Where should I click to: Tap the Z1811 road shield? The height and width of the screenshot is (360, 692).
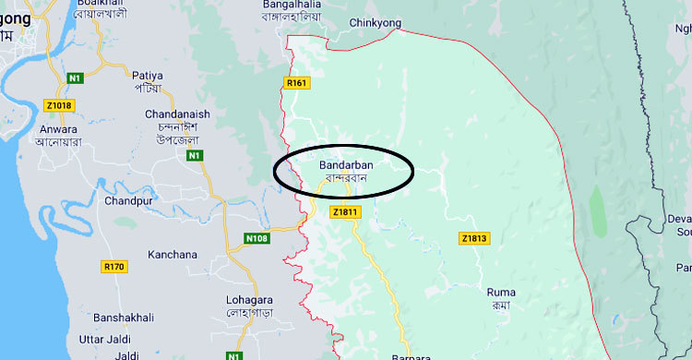[344, 212]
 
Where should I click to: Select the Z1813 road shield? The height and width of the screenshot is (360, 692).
[472, 239]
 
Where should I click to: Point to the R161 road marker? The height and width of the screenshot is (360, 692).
[295, 84]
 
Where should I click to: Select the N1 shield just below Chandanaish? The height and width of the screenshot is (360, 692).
[194, 156]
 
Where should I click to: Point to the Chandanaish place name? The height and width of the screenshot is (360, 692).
[177, 114]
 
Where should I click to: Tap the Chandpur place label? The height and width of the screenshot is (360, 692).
[127, 200]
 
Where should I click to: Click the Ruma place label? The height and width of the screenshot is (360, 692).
[501, 293]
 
